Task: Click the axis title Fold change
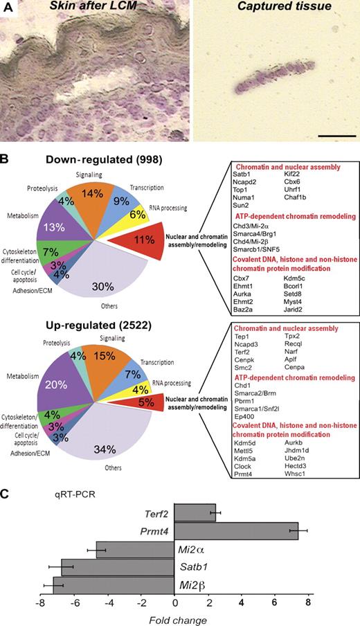174,617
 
